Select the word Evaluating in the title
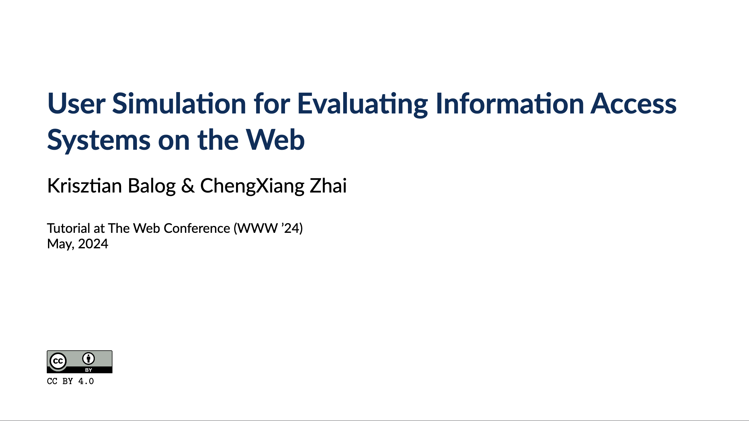[362, 104]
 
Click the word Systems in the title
[99, 140]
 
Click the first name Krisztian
[84, 186]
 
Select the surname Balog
[151, 186]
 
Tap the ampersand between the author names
[188, 186]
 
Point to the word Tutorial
[68, 228]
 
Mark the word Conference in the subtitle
[197, 228]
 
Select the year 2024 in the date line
[93, 244]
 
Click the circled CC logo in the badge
[58, 361]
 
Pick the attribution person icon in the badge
[88, 359]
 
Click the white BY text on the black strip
[89, 370]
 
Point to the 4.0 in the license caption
[86, 381]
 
